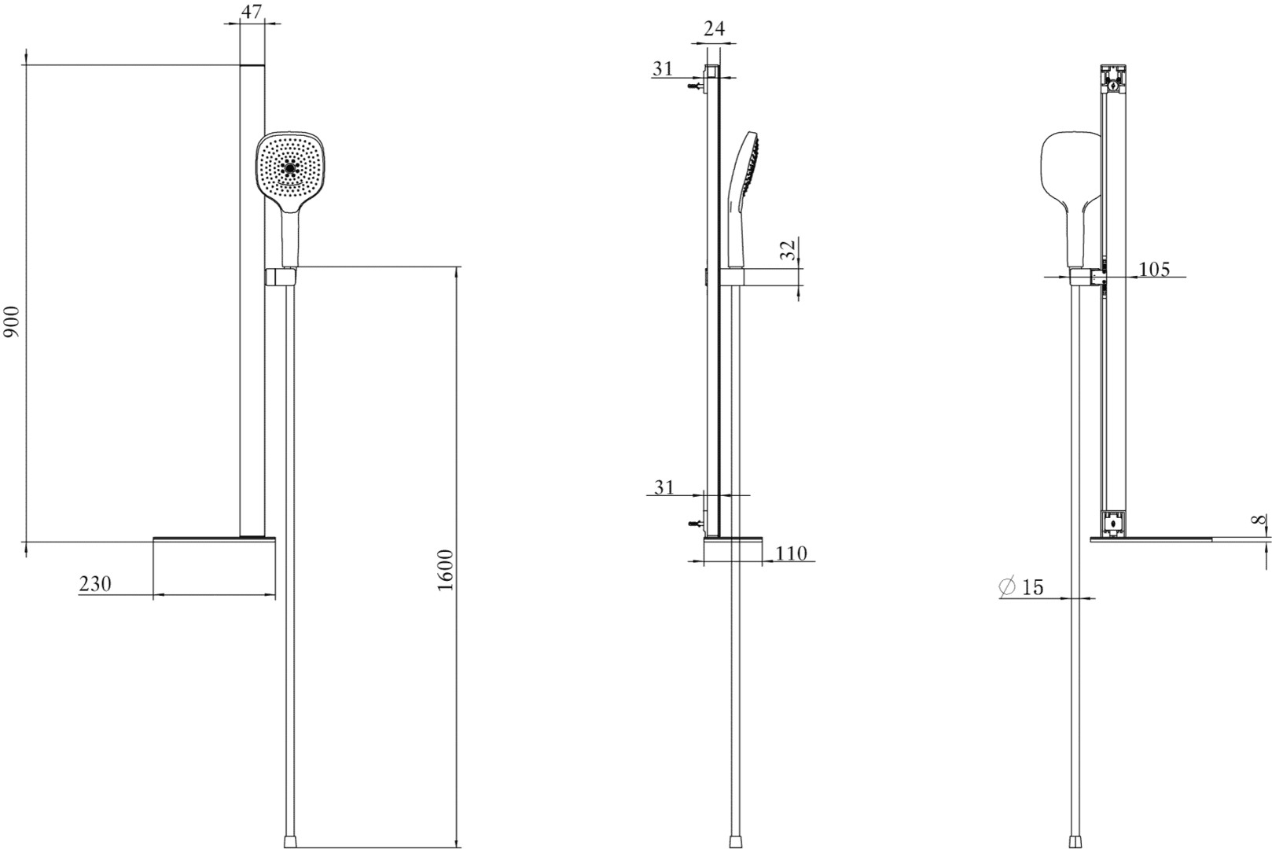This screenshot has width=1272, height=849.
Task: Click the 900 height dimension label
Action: [x=11, y=322]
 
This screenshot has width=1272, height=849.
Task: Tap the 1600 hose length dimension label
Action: [x=446, y=570]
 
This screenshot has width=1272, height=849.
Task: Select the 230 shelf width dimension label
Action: [x=95, y=584]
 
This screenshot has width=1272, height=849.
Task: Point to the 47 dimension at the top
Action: [x=252, y=11]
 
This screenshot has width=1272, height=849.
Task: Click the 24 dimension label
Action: [x=714, y=28]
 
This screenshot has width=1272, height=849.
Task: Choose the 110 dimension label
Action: [x=791, y=553]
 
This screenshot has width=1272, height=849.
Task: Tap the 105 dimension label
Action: [x=1154, y=269]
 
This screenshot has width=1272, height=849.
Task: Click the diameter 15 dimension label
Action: [x=1021, y=586]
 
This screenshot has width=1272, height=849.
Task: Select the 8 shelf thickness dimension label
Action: [x=1259, y=519]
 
